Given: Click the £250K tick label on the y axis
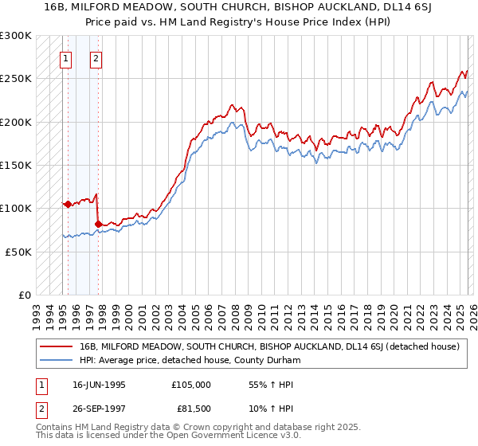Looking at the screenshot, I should click(16, 79).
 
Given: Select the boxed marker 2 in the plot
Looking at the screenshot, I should click(96, 57).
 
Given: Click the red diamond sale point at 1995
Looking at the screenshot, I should click(68, 204).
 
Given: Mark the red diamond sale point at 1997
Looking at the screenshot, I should click(98, 225).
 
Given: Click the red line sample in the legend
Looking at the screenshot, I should click(57, 347).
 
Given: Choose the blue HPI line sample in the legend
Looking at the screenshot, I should click(57, 361).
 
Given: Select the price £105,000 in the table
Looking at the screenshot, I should click(190, 385).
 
